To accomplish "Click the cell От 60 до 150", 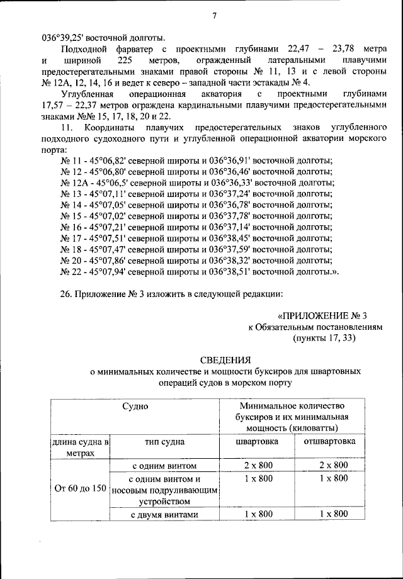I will (x=80, y=488).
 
